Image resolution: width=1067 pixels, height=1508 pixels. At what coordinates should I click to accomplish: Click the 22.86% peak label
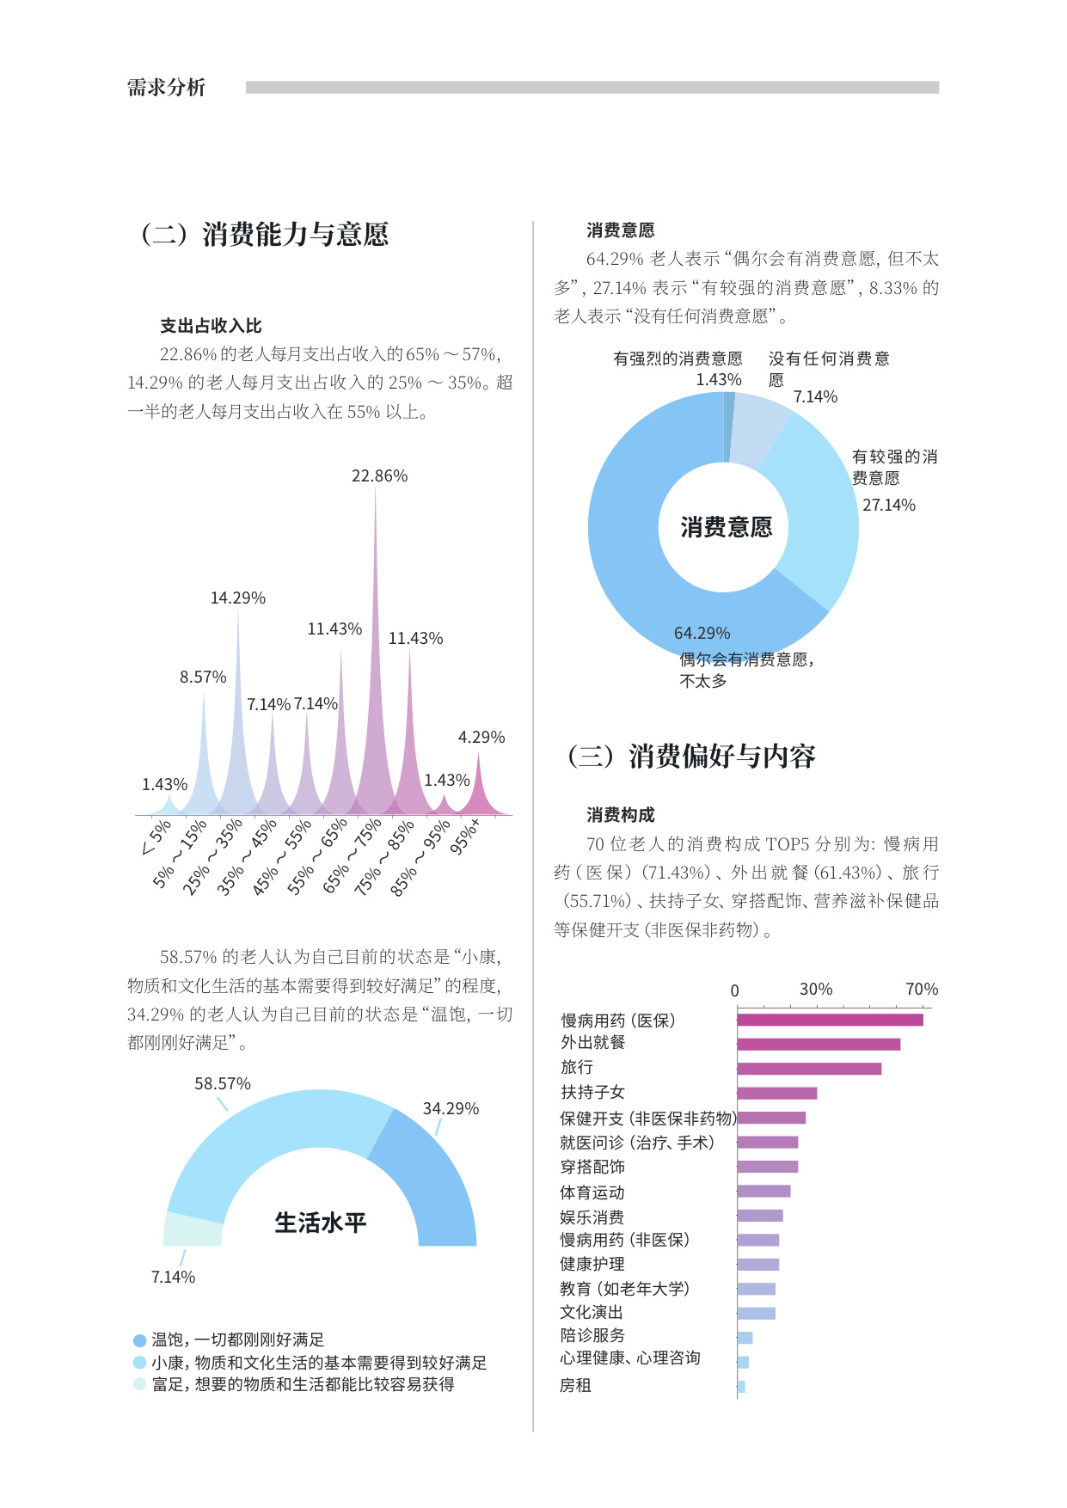tap(379, 476)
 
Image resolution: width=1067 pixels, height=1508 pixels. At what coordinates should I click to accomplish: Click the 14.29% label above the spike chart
tap(238, 598)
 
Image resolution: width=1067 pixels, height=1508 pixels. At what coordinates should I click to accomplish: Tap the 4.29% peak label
tap(481, 738)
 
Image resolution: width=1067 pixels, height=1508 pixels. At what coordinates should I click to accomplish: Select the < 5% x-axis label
tap(156, 838)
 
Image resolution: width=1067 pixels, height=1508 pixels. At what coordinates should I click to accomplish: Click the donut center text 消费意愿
tap(726, 527)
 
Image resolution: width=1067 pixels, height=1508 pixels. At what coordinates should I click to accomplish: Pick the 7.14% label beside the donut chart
tap(815, 397)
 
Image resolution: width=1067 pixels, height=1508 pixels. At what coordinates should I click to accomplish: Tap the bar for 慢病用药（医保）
tap(830, 1020)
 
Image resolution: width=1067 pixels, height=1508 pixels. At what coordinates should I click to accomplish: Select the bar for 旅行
tap(808, 1069)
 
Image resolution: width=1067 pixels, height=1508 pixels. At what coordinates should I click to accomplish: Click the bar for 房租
tap(741, 1387)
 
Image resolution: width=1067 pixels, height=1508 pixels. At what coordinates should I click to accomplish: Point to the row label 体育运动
tap(592, 1192)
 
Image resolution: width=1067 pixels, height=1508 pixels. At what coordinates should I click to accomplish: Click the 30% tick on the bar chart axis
tap(816, 990)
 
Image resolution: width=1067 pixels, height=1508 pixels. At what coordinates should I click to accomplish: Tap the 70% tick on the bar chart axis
tap(922, 990)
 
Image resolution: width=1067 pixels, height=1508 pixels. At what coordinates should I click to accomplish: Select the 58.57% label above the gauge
tap(223, 1084)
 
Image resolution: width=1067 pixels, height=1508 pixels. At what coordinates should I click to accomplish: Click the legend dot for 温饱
tap(140, 1340)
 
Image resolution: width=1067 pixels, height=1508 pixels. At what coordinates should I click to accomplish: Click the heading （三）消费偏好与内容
tap(691, 757)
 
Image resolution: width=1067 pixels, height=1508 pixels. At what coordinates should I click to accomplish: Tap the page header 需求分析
tap(167, 88)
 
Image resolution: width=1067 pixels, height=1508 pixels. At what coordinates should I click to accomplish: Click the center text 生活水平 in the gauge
tap(320, 1223)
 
